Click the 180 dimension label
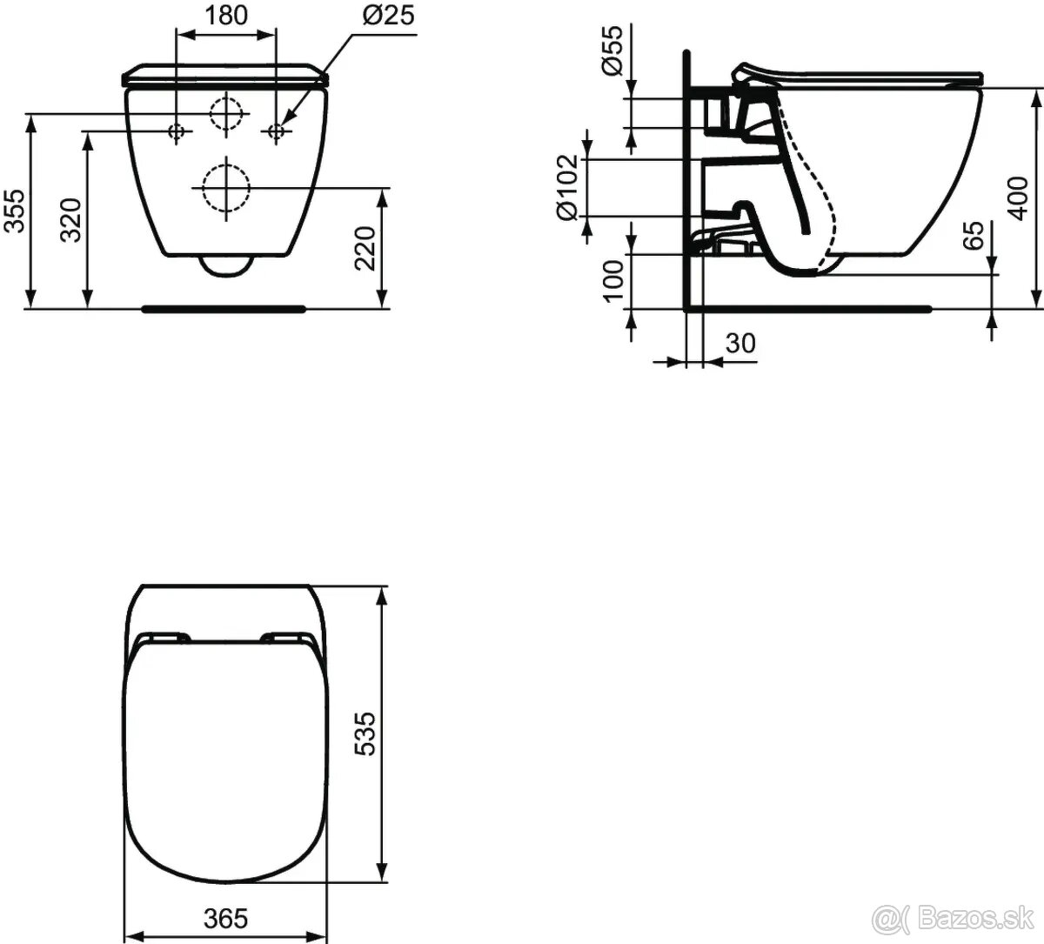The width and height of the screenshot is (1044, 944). [226, 16]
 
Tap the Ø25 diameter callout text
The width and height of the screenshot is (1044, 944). [389, 15]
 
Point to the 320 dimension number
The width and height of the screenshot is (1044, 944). [71, 220]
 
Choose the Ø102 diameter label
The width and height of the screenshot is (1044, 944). [566, 187]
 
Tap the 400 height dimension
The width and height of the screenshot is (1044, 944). [1017, 198]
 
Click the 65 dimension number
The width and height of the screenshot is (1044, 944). [974, 236]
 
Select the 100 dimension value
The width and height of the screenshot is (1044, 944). [613, 281]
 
